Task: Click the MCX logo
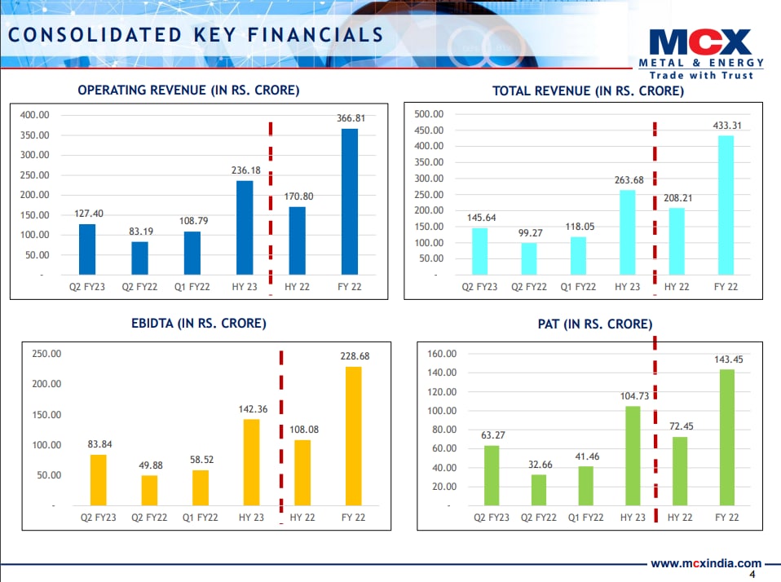point(700,42)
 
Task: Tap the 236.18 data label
point(245,170)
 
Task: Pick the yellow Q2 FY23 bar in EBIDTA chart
point(98,480)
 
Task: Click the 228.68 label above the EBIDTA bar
point(353,356)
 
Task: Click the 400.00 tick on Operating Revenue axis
point(35,116)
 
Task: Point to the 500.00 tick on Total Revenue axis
point(428,114)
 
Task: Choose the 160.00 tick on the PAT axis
point(441,354)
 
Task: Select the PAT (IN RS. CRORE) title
point(584,324)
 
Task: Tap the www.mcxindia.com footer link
point(705,563)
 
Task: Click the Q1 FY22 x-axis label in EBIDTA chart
point(201,517)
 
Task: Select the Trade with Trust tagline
point(700,75)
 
